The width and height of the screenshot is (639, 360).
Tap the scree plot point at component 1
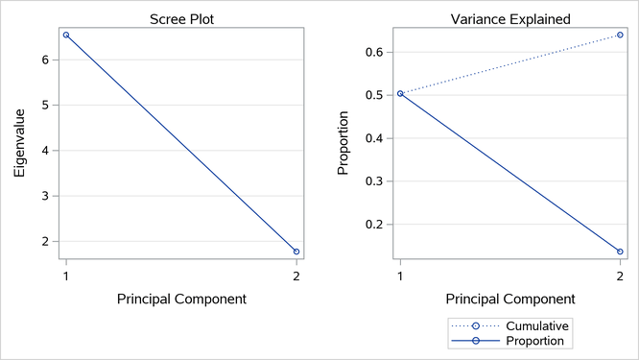point(66,35)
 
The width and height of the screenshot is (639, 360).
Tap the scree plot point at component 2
point(296,252)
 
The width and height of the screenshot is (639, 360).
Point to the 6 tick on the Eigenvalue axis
point(46,60)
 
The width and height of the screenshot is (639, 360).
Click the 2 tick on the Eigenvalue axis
point(46,241)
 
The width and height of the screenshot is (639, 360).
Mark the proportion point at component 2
point(620,252)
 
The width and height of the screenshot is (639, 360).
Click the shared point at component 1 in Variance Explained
point(400,93)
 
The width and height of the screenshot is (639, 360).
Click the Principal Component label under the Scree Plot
point(181,299)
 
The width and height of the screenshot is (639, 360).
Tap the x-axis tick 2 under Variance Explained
point(620,275)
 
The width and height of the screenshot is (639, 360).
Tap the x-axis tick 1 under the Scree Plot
point(66,275)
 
